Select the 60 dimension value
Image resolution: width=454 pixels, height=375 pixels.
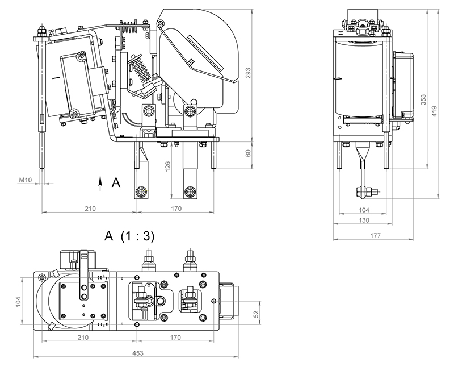248,153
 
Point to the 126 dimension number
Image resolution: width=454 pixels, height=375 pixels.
169,166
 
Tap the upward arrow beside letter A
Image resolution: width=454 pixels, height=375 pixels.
100,182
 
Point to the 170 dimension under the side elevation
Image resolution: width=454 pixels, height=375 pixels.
176,209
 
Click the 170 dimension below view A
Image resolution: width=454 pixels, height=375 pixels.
176,338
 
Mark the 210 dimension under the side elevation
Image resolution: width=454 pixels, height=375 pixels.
90,209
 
